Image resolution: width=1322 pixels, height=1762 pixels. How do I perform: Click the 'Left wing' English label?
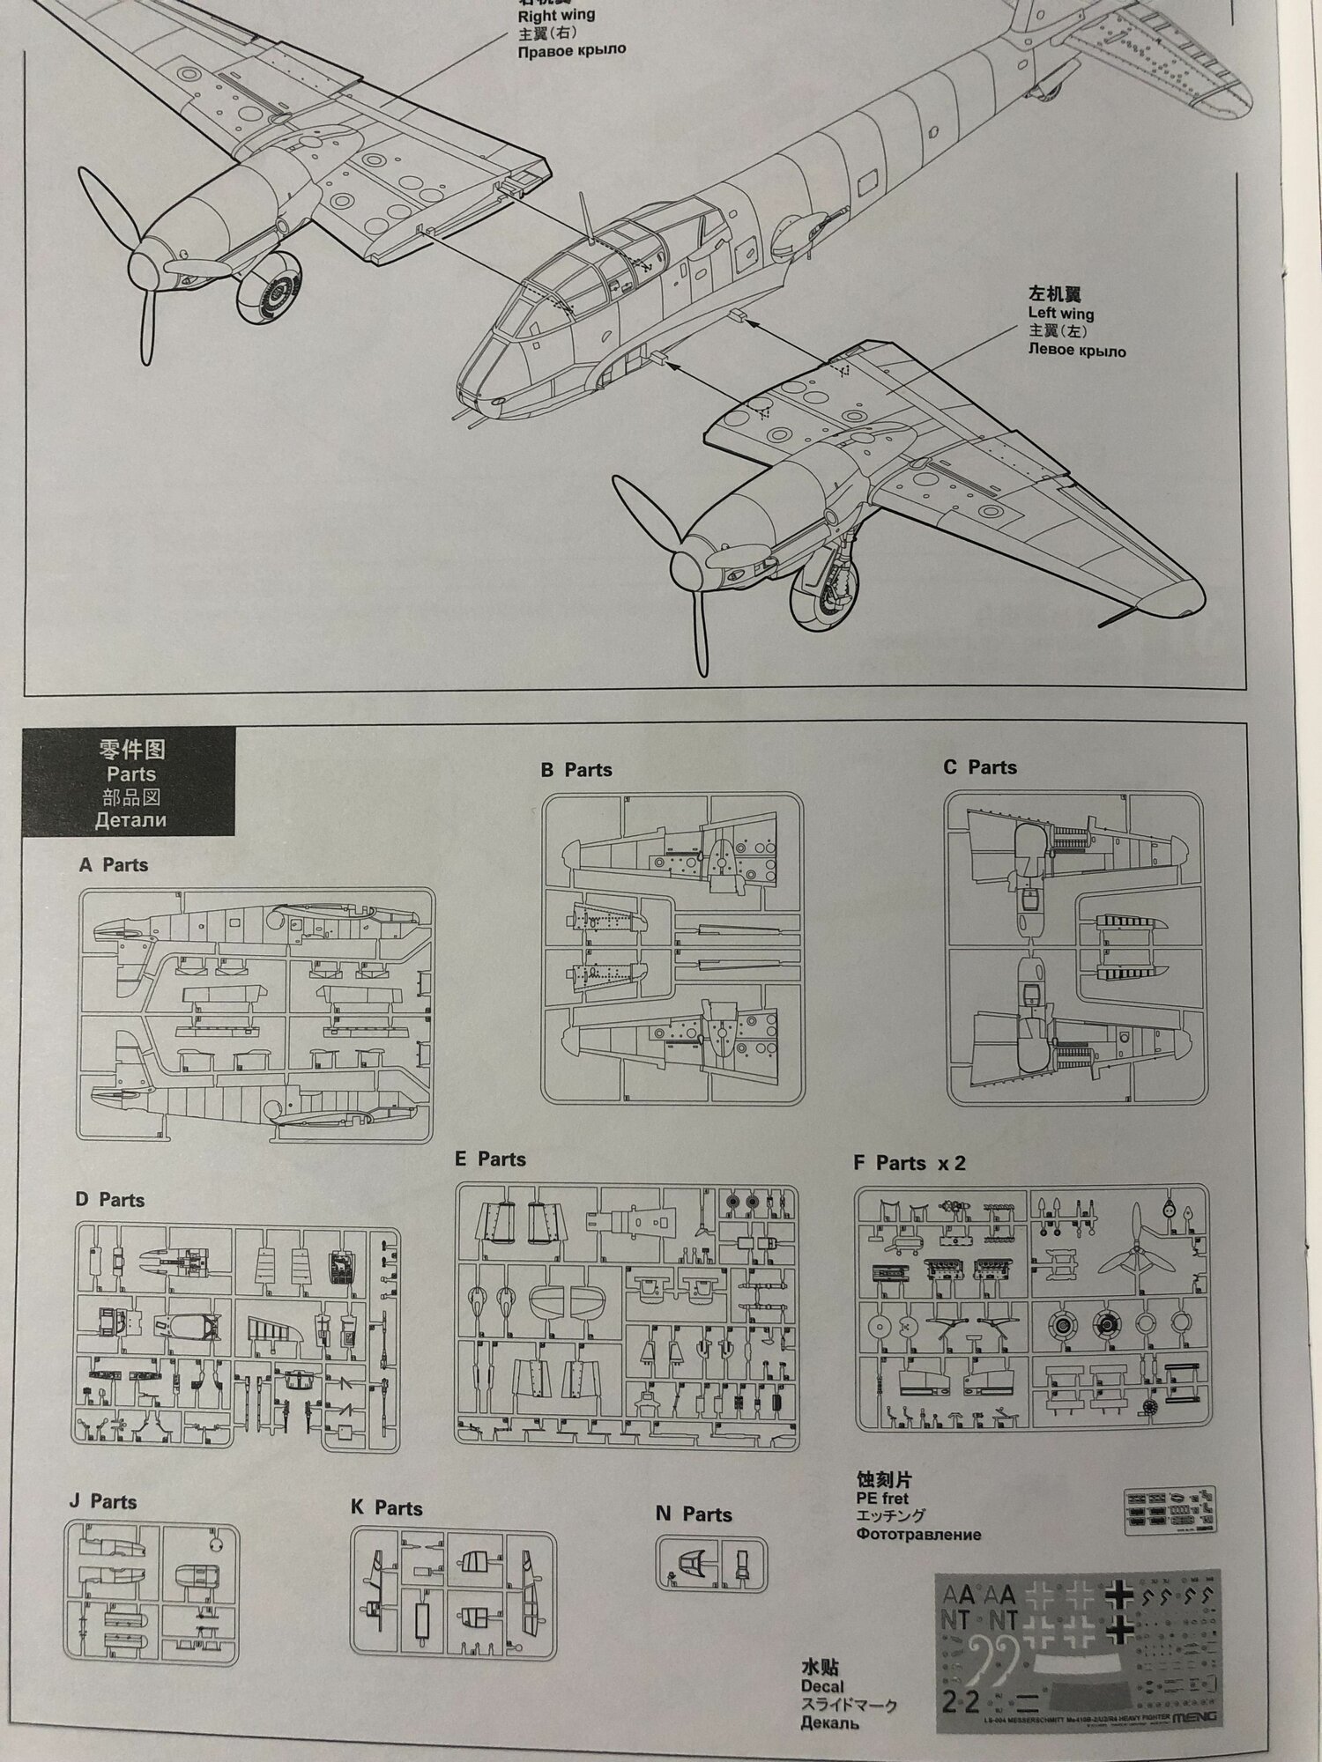(x=1060, y=313)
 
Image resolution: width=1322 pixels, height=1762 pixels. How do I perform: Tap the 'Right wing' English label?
(x=555, y=15)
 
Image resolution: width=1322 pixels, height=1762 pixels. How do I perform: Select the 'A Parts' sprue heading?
(x=113, y=865)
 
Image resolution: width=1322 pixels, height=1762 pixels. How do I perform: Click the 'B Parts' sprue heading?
(x=576, y=770)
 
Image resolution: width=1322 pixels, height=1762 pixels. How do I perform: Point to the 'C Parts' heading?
(x=979, y=767)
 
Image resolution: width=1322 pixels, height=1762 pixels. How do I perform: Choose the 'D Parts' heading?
(x=109, y=1200)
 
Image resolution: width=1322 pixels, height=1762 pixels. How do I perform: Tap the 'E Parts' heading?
(x=490, y=1159)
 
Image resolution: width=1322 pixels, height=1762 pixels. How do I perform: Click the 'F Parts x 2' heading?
(x=909, y=1163)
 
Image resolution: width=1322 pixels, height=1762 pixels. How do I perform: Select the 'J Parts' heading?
(x=103, y=1502)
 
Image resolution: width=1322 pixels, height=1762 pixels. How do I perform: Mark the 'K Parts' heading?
(x=386, y=1508)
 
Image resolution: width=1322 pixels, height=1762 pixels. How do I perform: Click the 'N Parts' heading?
(x=694, y=1514)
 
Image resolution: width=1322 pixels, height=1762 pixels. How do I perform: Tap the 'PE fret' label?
(x=881, y=1498)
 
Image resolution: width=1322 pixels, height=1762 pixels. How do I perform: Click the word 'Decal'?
(x=821, y=1686)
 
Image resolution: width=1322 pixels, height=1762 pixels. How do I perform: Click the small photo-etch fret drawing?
(x=1170, y=1511)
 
